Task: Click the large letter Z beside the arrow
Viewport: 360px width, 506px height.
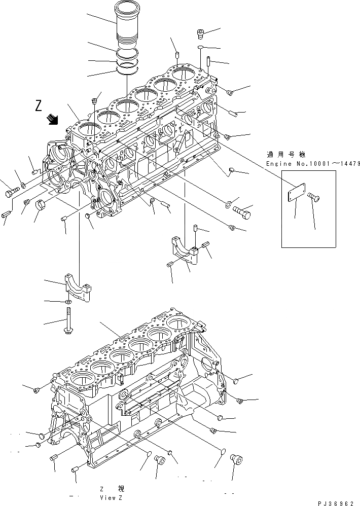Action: pos(39,106)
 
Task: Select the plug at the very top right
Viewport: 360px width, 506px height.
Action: pos(201,34)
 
